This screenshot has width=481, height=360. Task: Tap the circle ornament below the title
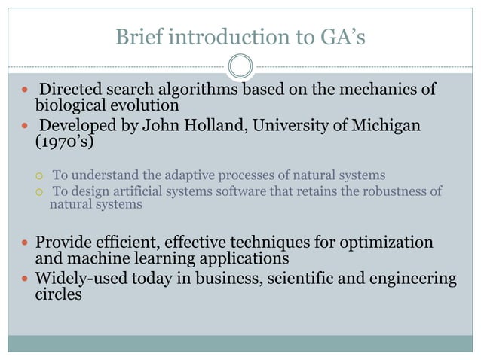[x=240, y=66]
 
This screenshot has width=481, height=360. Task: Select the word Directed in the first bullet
[x=72, y=90]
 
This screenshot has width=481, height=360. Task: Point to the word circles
[x=59, y=294]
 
